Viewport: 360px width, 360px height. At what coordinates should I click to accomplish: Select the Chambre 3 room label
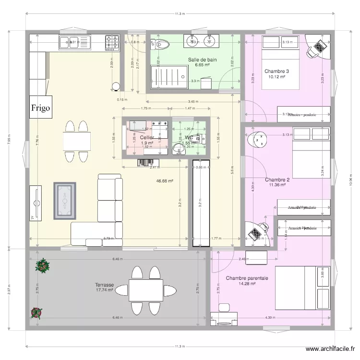click(x=276, y=72)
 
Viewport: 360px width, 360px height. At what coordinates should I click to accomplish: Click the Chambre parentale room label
click(x=247, y=278)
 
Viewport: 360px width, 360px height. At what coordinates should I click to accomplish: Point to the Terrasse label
click(x=104, y=285)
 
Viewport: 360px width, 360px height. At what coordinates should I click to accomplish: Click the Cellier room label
click(x=147, y=137)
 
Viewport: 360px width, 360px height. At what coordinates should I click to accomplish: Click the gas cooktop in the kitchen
click(x=113, y=43)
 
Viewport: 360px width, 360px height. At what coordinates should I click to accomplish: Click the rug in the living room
click(x=65, y=201)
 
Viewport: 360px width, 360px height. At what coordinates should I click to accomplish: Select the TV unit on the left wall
click(x=36, y=204)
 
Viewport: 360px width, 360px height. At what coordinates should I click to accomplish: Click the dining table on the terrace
click(x=145, y=290)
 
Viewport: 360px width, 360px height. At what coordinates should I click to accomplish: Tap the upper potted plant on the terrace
click(x=43, y=264)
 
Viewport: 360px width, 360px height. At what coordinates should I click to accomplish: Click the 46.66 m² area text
click(x=165, y=181)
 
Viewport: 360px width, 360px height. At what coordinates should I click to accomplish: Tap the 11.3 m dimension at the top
click(x=180, y=14)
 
